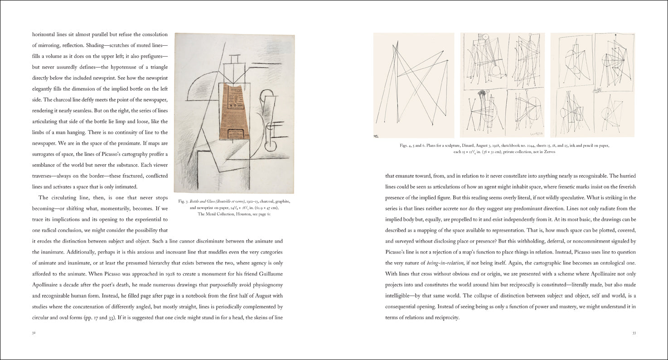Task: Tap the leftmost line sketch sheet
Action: [413, 85]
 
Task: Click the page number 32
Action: [34, 333]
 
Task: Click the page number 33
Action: [634, 333]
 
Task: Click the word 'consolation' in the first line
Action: [151, 35]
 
